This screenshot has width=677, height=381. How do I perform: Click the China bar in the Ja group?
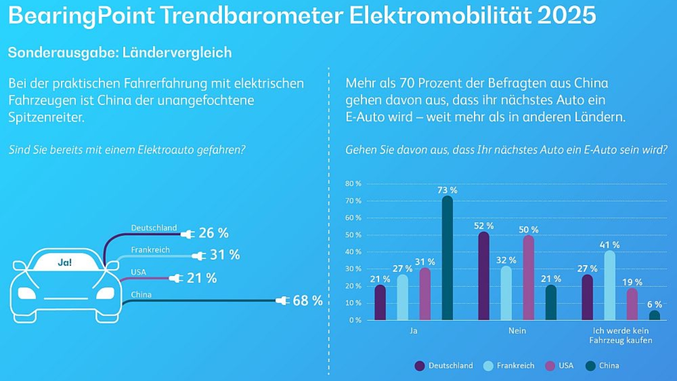pos(447,259)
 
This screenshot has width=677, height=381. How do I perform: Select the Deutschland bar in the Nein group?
pos(483,277)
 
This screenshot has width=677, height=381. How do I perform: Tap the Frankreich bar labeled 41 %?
pos(609,286)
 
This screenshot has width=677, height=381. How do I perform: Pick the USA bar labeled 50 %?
pos(528,278)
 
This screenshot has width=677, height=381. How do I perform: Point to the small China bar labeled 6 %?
pos(654,316)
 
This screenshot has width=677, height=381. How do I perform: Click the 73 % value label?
pos(447,190)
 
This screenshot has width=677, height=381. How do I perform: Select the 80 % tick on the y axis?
pos(353,184)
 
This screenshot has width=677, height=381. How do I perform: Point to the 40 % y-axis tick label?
pos(353,252)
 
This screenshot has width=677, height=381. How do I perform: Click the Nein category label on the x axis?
pos(517,331)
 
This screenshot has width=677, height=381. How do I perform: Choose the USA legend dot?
pos(550,366)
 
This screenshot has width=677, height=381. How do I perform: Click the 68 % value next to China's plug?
pos(307,300)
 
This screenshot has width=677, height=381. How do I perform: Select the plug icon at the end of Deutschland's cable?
pos(188,234)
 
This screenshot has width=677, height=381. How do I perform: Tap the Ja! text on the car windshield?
pos(65,262)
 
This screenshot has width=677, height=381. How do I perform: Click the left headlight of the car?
pos(27,293)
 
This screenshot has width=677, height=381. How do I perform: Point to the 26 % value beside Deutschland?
pos(213,233)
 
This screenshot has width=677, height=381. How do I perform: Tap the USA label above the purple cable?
pos(138,272)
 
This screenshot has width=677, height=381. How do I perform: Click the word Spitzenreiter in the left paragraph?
pos(46,117)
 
